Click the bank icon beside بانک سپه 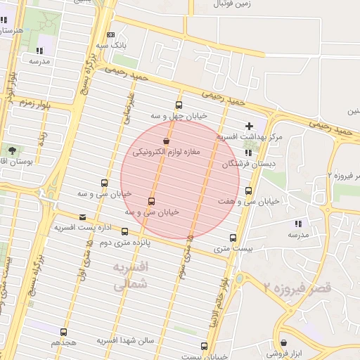111,35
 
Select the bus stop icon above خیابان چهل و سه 179,105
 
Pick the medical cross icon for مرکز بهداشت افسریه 249,125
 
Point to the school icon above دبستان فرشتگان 247,153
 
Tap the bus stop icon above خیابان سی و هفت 248,191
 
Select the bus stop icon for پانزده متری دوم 125,231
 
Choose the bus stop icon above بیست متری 233,237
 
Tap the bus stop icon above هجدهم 64,332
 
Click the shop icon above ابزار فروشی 283,335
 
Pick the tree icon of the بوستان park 12,150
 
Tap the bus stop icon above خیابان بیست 204,346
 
